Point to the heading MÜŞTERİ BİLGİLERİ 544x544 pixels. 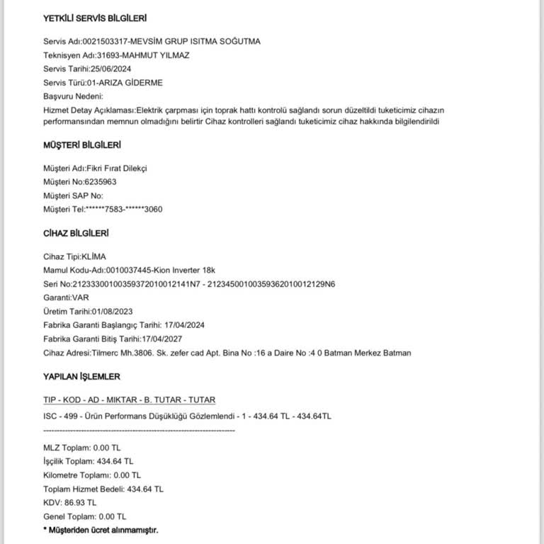(82, 145)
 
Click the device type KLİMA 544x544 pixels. (93, 256)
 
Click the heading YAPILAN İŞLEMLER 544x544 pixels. (81, 376)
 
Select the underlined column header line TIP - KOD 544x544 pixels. (129, 399)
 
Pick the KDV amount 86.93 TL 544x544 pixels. (80, 502)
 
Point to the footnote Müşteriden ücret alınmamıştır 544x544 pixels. (103, 530)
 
